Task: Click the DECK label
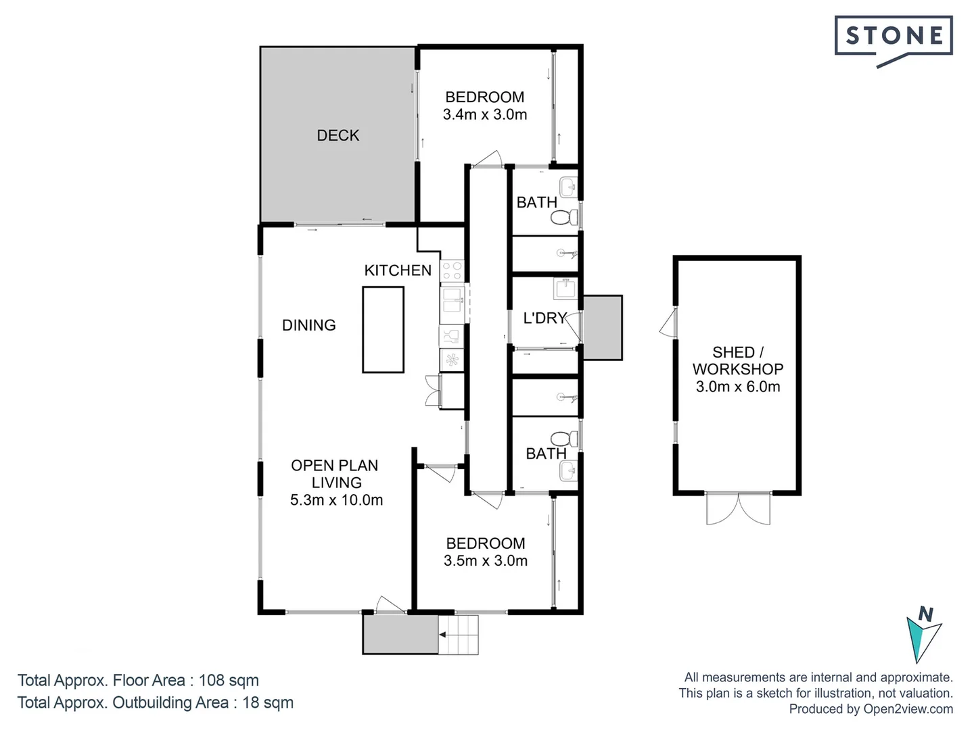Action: (338, 135)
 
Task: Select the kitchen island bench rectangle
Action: (383, 330)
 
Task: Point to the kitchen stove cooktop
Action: (452, 272)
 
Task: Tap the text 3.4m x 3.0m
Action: (485, 115)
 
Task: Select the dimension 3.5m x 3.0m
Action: (486, 561)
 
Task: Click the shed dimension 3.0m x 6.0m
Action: (738, 387)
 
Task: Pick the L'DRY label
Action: (544, 318)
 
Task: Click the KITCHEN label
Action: (398, 270)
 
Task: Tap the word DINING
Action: (309, 325)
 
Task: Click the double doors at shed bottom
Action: (738, 510)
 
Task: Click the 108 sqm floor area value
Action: (229, 680)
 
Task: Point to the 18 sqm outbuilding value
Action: (268, 702)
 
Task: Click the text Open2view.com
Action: (908, 709)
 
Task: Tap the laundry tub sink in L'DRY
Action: (565, 289)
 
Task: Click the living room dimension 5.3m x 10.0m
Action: (337, 500)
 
